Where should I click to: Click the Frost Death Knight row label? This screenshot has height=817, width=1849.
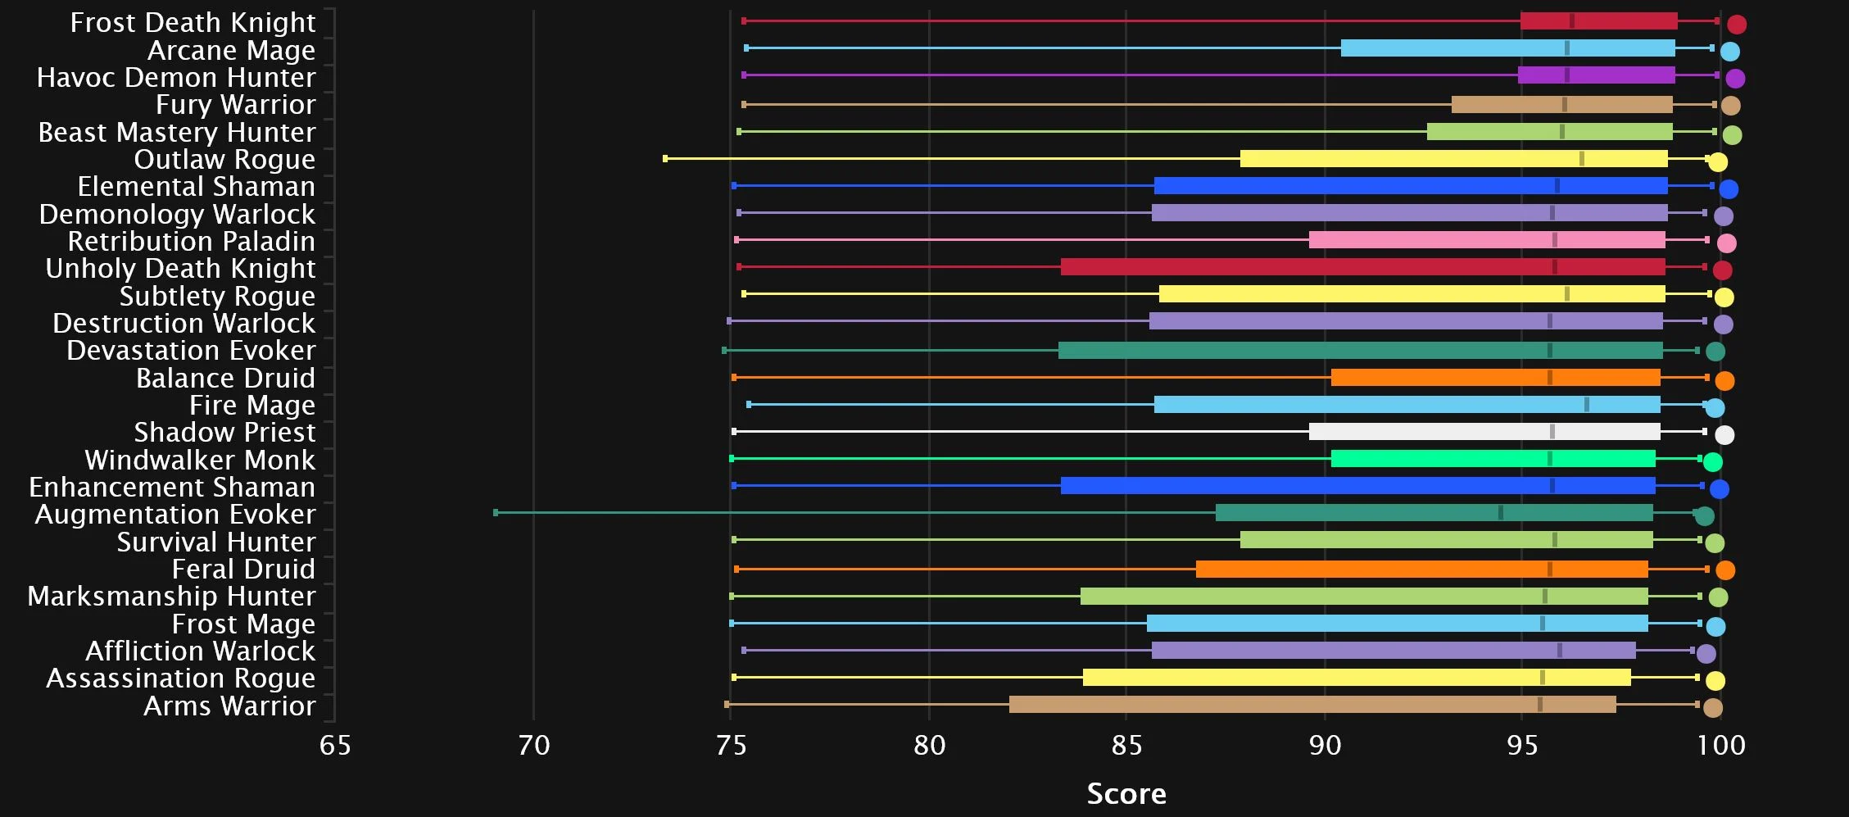click(x=193, y=22)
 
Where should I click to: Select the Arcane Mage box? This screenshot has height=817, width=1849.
click(x=1507, y=48)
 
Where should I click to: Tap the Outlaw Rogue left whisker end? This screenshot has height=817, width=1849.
click(x=665, y=158)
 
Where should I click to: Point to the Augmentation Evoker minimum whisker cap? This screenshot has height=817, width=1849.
click(x=496, y=513)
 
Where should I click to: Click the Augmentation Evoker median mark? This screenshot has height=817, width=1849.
click(x=1500, y=513)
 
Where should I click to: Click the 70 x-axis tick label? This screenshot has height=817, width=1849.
click(x=533, y=745)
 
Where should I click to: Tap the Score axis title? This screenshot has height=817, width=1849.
click(x=1126, y=793)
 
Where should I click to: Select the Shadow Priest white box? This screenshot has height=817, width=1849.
click(x=1484, y=432)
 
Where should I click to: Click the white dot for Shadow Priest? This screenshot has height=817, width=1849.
click(x=1724, y=435)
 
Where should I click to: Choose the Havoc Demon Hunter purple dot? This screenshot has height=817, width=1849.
click(x=1735, y=79)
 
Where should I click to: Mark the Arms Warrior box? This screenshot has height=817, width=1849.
click(x=1312, y=705)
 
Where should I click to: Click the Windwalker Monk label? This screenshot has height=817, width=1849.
click(x=200, y=460)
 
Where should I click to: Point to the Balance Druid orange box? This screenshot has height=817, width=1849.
click(x=1495, y=378)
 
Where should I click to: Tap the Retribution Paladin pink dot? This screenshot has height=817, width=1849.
click(x=1726, y=243)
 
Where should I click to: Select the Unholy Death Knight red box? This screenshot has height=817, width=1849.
click(x=1362, y=267)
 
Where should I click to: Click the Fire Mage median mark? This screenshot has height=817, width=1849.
click(x=1587, y=405)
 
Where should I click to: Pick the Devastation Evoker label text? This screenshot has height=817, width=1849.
click(x=191, y=351)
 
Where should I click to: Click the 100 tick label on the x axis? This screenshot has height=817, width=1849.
click(x=1720, y=745)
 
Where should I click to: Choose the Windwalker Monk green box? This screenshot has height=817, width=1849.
click(x=1493, y=459)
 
